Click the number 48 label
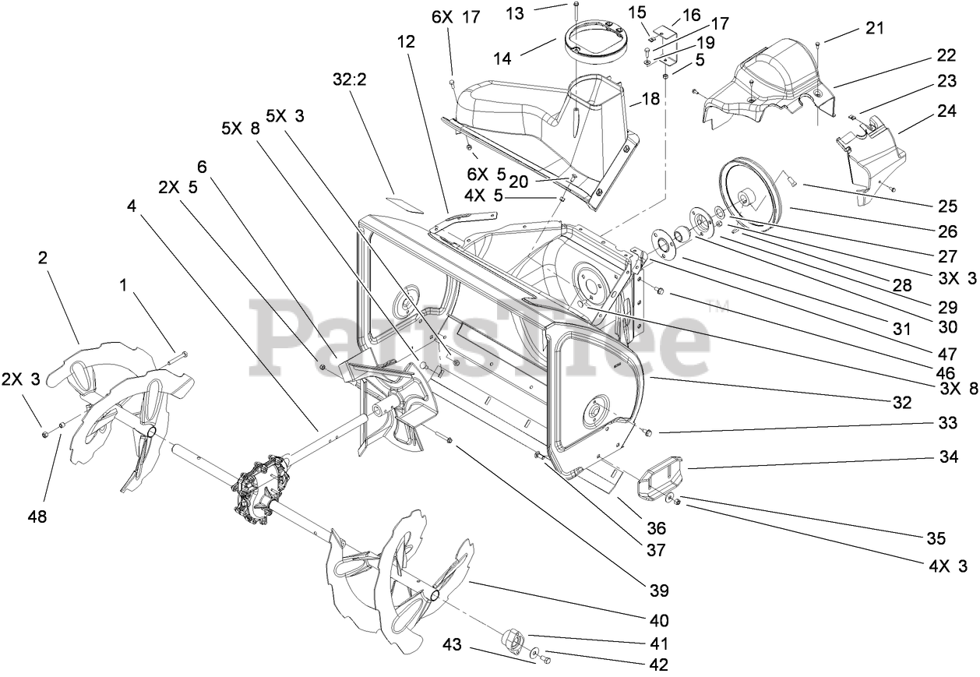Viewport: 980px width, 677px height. coord(37,516)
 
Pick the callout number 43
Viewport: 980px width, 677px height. coord(453,645)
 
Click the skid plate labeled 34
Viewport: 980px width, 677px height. coord(661,478)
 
